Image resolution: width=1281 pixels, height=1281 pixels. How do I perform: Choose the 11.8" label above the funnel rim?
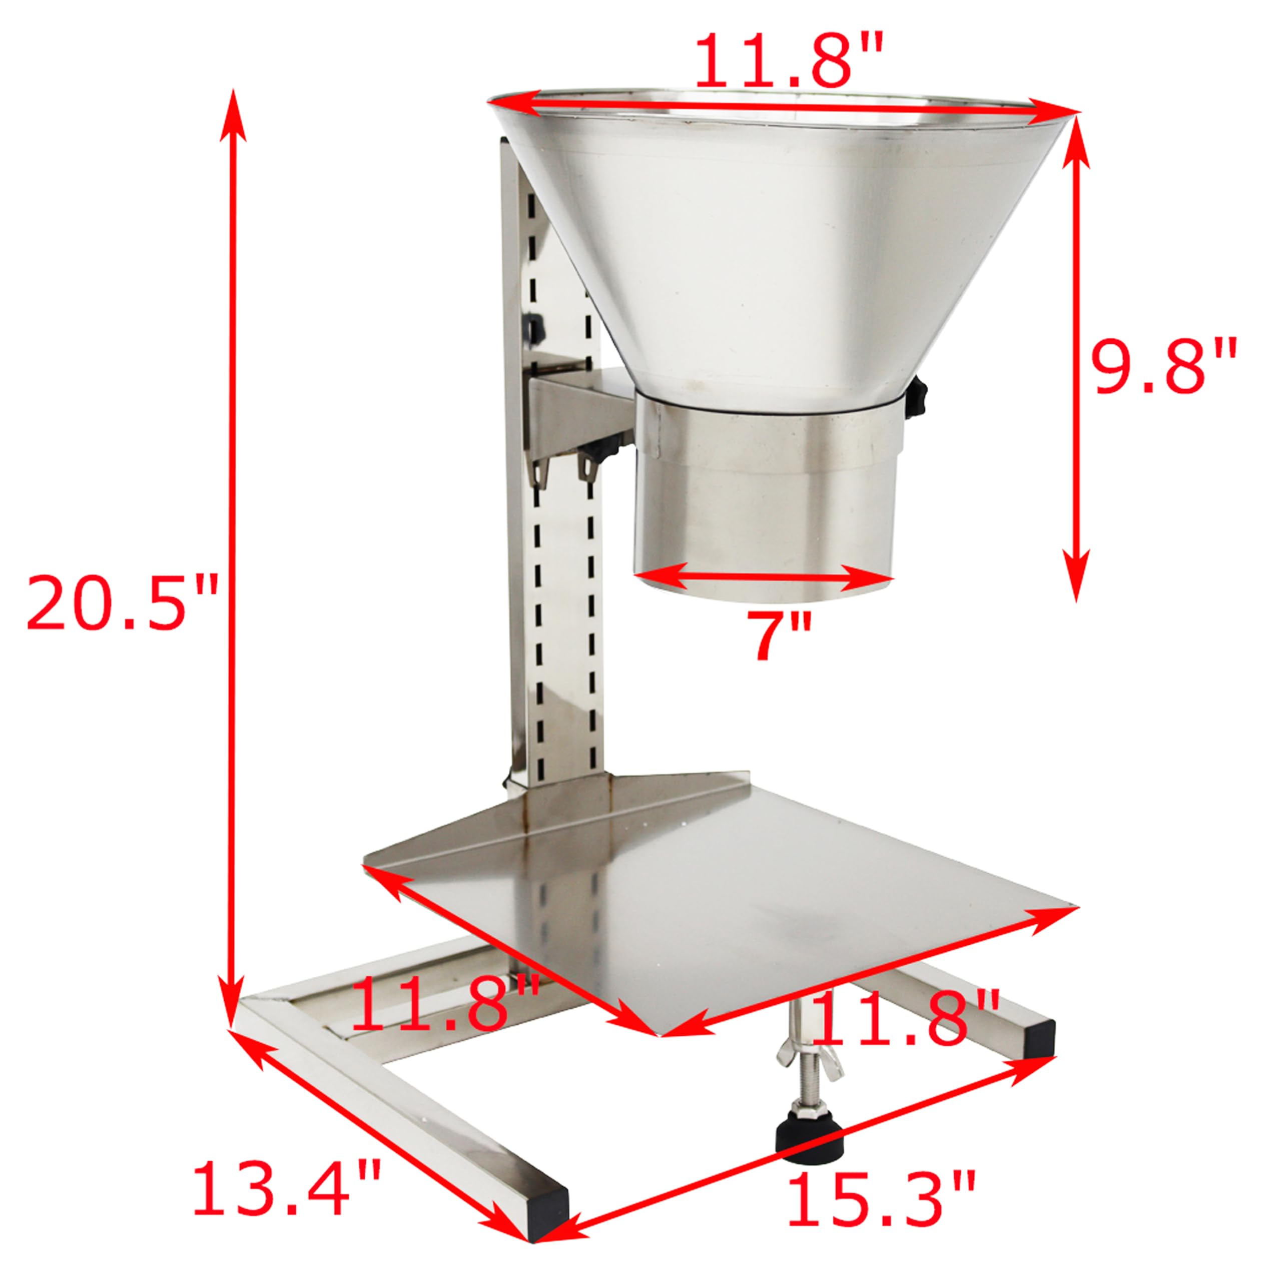[x=789, y=61]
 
